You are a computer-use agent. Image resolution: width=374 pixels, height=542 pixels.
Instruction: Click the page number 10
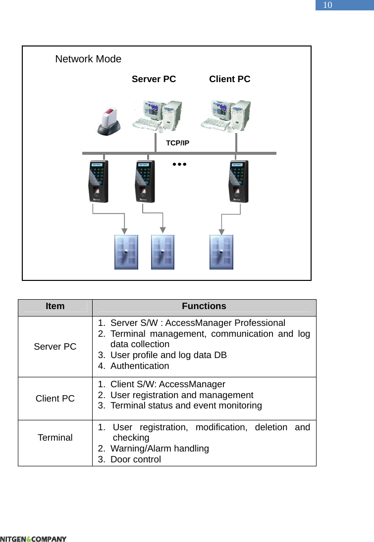[x=327, y=5]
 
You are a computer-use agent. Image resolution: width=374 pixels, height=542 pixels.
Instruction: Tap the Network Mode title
[x=88, y=59]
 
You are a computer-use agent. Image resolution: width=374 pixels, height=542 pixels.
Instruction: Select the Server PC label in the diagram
[x=154, y=79]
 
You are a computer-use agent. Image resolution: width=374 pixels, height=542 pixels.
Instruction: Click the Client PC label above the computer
[x=229, y=79]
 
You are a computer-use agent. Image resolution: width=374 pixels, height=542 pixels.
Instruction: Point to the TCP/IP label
[x=177, y=143]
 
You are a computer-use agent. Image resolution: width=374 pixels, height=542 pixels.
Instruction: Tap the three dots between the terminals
[x=179, y=163]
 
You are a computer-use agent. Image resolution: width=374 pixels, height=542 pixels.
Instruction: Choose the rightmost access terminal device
[x=239, y=181]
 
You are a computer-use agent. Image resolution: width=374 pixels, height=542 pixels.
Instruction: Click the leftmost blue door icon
[x=126, y=252]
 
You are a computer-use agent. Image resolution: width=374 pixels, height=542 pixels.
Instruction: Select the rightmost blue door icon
[x=221, y=252]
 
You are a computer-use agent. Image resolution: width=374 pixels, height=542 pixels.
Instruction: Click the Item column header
[x=55, y=306]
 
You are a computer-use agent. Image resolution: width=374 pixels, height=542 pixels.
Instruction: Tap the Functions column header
[x=204, y=306]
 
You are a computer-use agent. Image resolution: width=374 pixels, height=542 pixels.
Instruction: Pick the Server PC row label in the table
[x=55, y=347]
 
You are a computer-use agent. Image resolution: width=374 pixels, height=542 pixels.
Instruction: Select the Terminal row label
[x=55, y=438]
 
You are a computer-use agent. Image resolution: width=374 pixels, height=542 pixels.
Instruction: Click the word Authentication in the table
[x=140, y=366]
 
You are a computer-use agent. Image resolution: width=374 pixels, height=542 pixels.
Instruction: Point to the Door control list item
[x=135, y=459]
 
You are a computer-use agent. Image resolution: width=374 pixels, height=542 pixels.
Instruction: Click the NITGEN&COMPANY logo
[x=33, y=539]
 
